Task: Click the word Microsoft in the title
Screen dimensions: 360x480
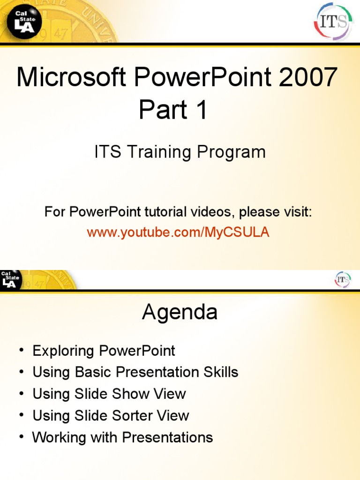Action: pos(71,77)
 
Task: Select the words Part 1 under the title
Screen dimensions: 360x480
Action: pos(173,109)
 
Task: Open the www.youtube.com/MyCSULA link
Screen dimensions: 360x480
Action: pos(178,232)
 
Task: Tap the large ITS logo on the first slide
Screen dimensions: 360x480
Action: pos(333,22)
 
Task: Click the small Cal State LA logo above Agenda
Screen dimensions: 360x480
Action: pos(10,279)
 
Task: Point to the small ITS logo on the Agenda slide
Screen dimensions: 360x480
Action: pos(343,279)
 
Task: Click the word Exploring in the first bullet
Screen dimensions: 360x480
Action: pos(63,351)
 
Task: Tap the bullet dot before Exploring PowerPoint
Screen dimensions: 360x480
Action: pos(21,350)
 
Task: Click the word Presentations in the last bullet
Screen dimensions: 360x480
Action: pos(167,437)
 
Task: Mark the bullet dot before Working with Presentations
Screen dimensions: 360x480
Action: pos(21,436)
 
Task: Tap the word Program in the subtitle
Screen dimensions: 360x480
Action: pos(231,152)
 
